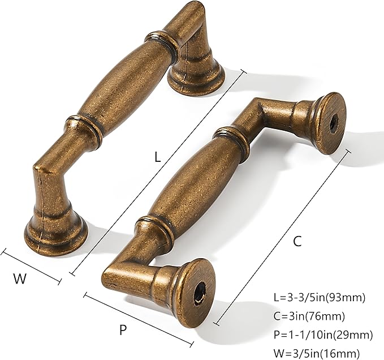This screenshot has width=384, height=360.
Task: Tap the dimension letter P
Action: (123, 330)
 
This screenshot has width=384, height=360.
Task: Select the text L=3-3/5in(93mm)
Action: (319, 297)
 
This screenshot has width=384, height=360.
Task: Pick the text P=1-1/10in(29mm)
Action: (322, 334)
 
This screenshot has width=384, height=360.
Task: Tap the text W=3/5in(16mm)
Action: (316, 352)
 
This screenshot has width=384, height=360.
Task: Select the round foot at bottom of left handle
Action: (55, 232)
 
